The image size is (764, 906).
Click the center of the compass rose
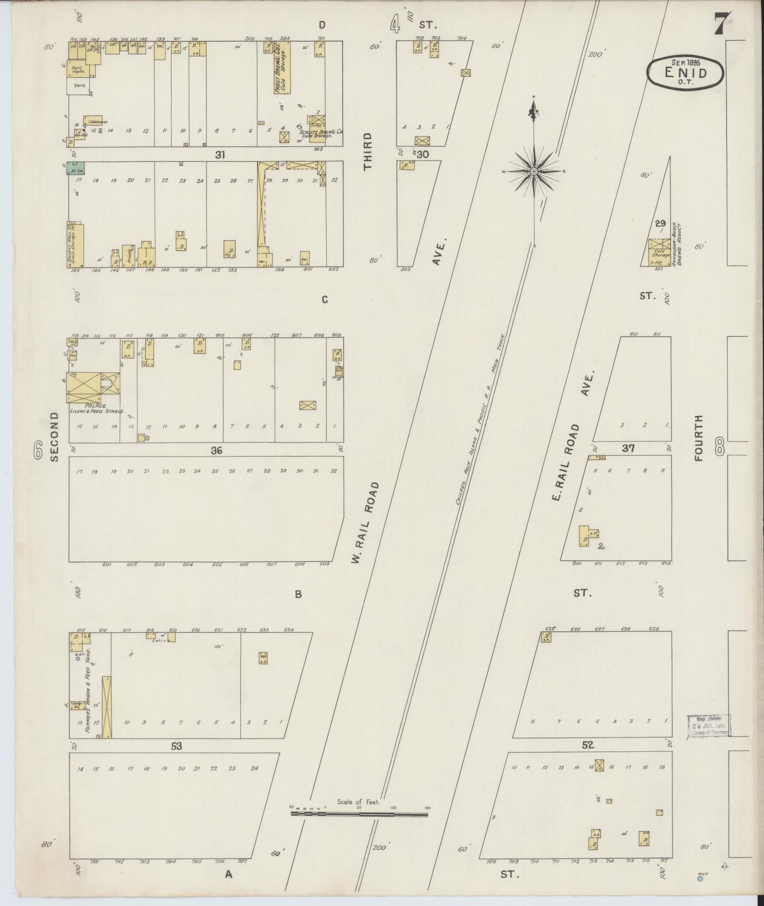(x=534, y=171)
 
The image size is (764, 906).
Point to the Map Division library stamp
(x=709, y=738)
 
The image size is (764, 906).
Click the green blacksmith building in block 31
(x=75, y=168)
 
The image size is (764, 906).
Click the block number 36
(x=216, y=450)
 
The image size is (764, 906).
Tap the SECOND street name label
(x=54, y=437)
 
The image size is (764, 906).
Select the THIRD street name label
(x=368, y=151)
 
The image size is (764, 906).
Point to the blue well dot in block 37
(x=601, y=545)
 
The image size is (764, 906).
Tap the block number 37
(x=628, y=448)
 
